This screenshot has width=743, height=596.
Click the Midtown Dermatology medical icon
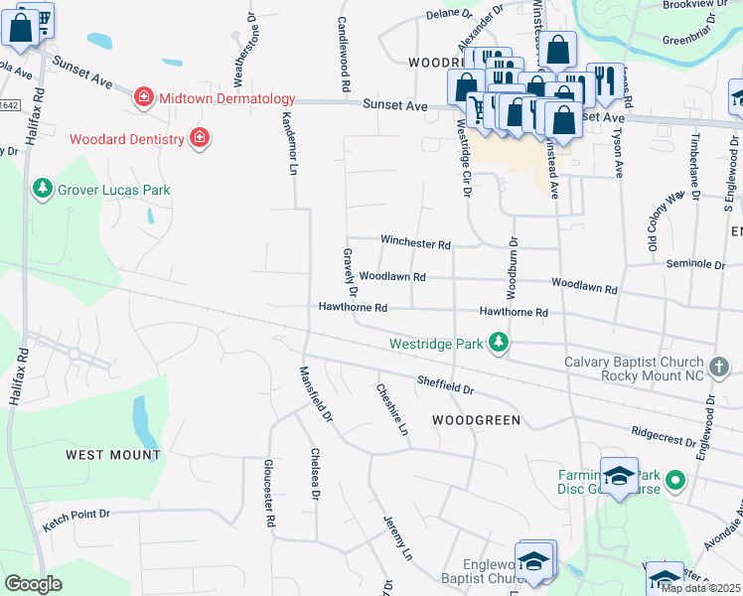[144, 97]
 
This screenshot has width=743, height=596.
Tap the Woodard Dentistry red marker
[200, 137]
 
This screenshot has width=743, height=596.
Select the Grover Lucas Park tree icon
[42, 188]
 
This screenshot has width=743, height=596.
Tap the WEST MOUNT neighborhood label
[113, 455]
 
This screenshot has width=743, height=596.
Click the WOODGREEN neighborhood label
[476, 420]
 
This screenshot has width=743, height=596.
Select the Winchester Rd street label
[416, 243]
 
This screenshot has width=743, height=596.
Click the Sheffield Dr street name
[445, 381]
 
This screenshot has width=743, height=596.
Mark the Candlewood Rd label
[345, 55]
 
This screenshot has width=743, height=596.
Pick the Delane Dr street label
[450, 14]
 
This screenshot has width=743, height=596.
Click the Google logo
[33, 583]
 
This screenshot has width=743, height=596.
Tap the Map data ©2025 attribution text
[700, 588]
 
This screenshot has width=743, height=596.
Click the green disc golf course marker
[675, 482]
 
